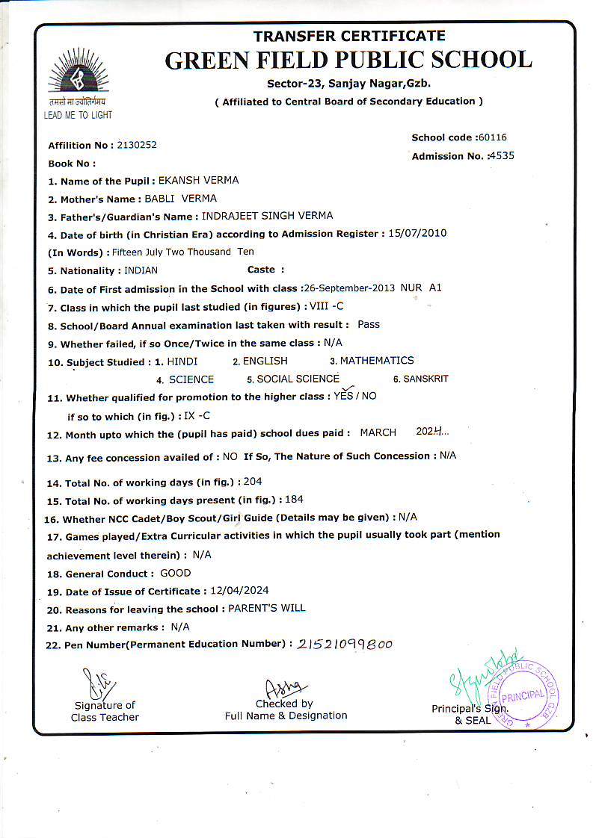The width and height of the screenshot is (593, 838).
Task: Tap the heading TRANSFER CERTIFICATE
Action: pos(349,36)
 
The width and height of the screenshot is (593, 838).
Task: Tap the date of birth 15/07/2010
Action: pos(417,233)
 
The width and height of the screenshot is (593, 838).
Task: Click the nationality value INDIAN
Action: pos(141,270)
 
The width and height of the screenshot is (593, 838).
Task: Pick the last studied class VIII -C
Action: pos(326,306)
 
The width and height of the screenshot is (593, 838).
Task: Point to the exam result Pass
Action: pos(369,324)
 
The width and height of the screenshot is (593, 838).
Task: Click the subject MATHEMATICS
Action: pos(377,361)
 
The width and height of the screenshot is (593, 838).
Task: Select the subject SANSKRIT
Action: pos(425,379)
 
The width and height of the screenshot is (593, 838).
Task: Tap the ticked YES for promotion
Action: pos(343,396)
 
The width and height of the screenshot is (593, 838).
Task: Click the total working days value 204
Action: pos(253,482)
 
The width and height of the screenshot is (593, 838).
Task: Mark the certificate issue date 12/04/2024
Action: pos(239,591)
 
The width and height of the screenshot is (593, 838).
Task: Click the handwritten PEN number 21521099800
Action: pos(345,645)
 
